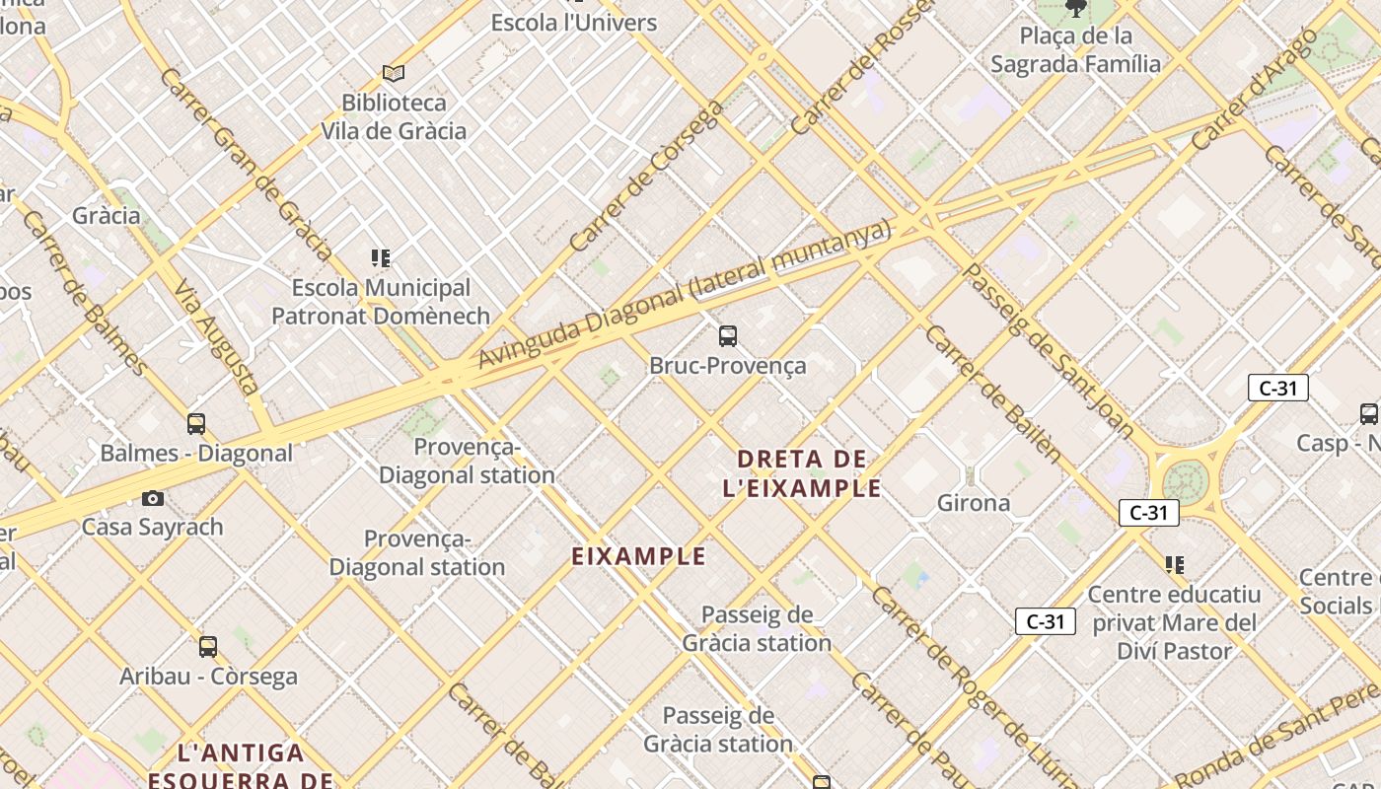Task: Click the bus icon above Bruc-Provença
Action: (x=728, y=336)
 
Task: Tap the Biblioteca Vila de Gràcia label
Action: (x=394, y=116)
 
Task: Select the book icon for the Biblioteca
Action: (x=394, y=73)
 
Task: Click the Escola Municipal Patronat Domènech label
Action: (x=381, y=302)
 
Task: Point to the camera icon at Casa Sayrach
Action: (x=153, y=498)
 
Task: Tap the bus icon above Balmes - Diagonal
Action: (x=196, y=424)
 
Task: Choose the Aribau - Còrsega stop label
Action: (x=208, y=677)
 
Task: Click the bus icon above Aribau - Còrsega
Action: (x=208, y=647)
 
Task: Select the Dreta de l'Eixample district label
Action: (x=802, y=472)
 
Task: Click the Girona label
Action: (x=974, y=503)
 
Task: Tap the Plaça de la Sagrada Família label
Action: (x=1076, y=50)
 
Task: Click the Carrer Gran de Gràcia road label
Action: (x=246, y=164)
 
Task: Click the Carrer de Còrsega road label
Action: (x=646, y=177)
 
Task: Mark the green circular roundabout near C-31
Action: (x=1185, y=481)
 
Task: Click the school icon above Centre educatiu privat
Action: (x=1174, y=565)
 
